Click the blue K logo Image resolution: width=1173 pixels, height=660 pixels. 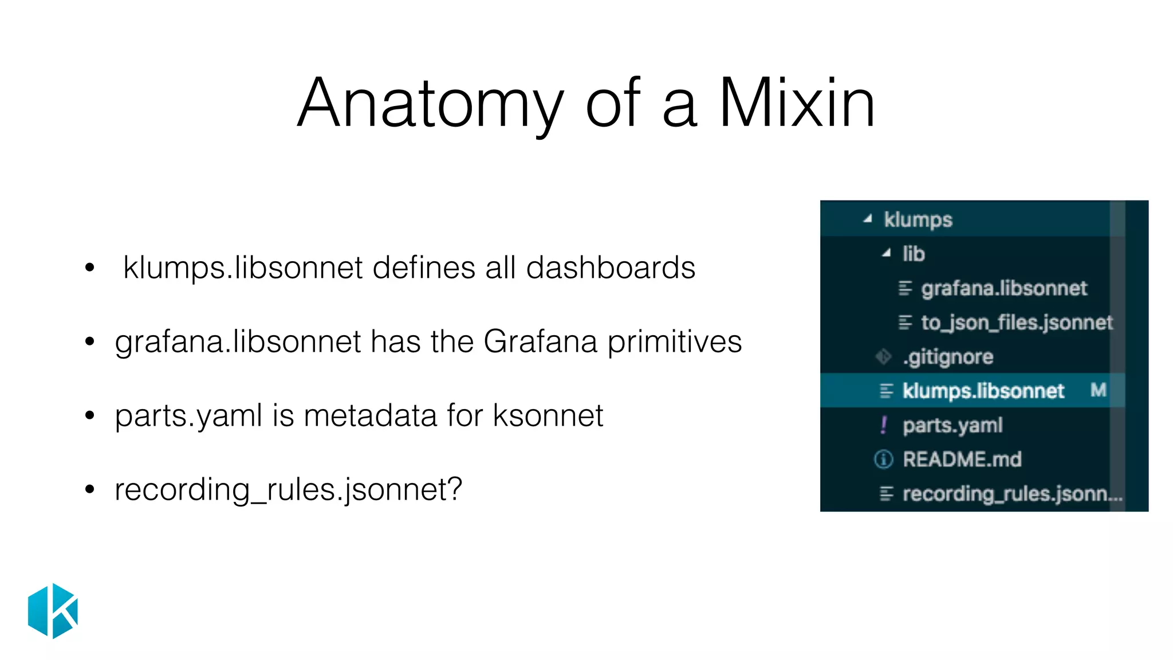pyautogui.click(x=53, y=611)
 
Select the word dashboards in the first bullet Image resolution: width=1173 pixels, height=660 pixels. pyautogui.click(x=611, y=268)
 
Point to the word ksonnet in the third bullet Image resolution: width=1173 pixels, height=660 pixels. pyautogui.click(x=548, y=416)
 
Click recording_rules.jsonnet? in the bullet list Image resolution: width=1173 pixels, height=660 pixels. pyautogui.click(x=288, y=490)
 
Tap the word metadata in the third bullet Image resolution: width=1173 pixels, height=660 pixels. pyautogui.click(x=370, y=416)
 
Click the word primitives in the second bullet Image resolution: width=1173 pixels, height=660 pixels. pyautogui.click(x=674, y=342)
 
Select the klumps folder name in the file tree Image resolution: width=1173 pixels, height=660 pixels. pyautogui.click(x=918, y=219)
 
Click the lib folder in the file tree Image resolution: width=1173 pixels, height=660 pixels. pyautogui.click(x=914, y=254)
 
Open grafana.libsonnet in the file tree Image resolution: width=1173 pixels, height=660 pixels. pyautogui.click(x=1003, y=288)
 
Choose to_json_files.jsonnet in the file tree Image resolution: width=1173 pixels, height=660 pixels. pyautogui.click(x=1017, y=323)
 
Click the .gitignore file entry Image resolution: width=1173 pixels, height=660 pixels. pyautogui.click(x=948, y=357)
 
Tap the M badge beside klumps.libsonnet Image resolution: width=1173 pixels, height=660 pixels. pyautogui.click(x=1098, y=390)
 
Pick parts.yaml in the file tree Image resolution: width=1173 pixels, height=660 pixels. pyautogui.click(x=952, y=425)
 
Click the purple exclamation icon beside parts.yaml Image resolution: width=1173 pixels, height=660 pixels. pyautogui.click(x=884, y=425)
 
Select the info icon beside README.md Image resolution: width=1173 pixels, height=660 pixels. pyautogui.click(x=884, y=459)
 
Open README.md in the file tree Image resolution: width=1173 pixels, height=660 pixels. pyautogui.click(x=962, y=459)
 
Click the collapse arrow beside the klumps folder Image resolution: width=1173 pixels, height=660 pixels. pyautogui.click(x=868, y=218)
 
